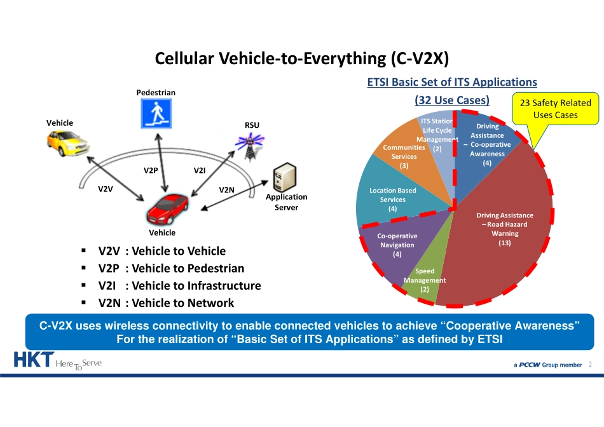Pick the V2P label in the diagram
click(x=151, y=170)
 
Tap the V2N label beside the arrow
click(x=226, y=190)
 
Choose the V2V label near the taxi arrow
click(x=105, y=189)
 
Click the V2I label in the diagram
click(x=200, y=170)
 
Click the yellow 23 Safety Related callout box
click(x=555, y=109)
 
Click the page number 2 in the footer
click(x=590, y=365)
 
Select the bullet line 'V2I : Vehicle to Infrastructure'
click(x=179, y=286)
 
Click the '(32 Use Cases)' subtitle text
click(x=451, y=100)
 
